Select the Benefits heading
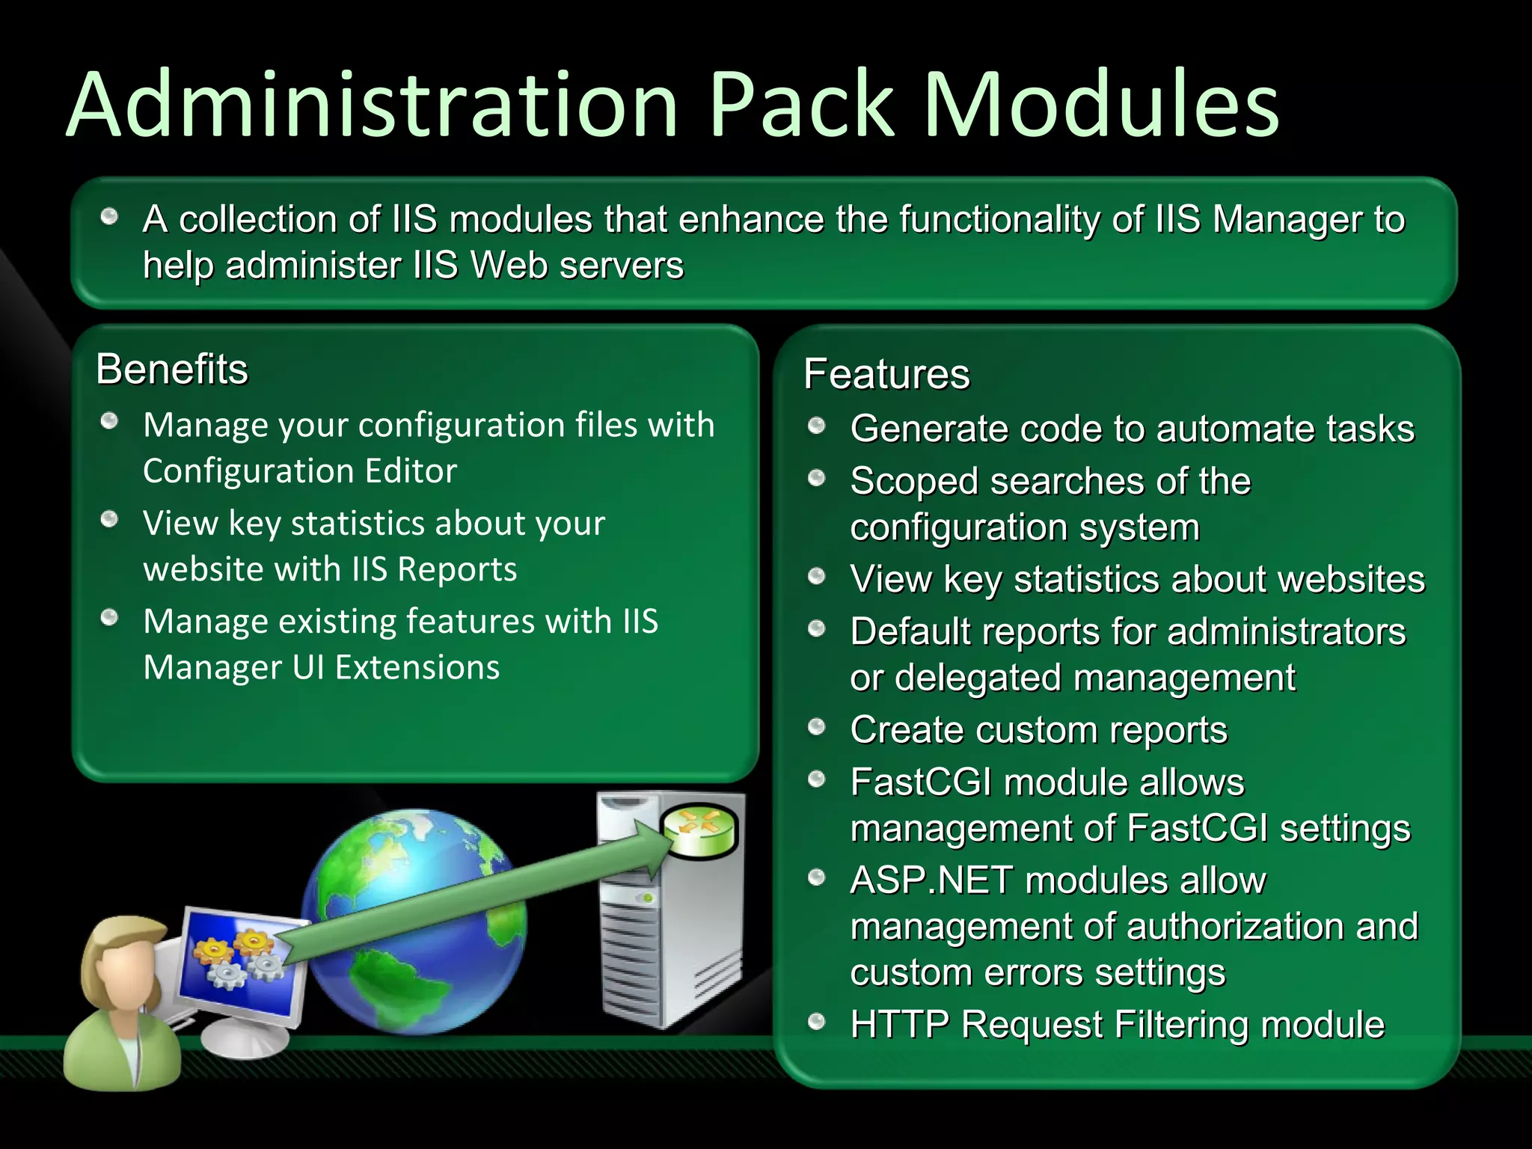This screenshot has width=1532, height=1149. pos(172,370)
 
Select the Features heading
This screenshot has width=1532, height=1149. pos(886,374)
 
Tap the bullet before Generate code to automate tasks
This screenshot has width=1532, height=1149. pos(817,426)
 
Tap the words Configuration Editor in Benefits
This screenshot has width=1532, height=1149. pos(299,471)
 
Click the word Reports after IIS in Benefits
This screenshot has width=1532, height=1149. pos(457,569)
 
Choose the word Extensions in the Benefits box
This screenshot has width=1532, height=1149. pos(417,667)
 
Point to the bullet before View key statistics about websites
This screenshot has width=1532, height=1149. pos(817,577)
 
